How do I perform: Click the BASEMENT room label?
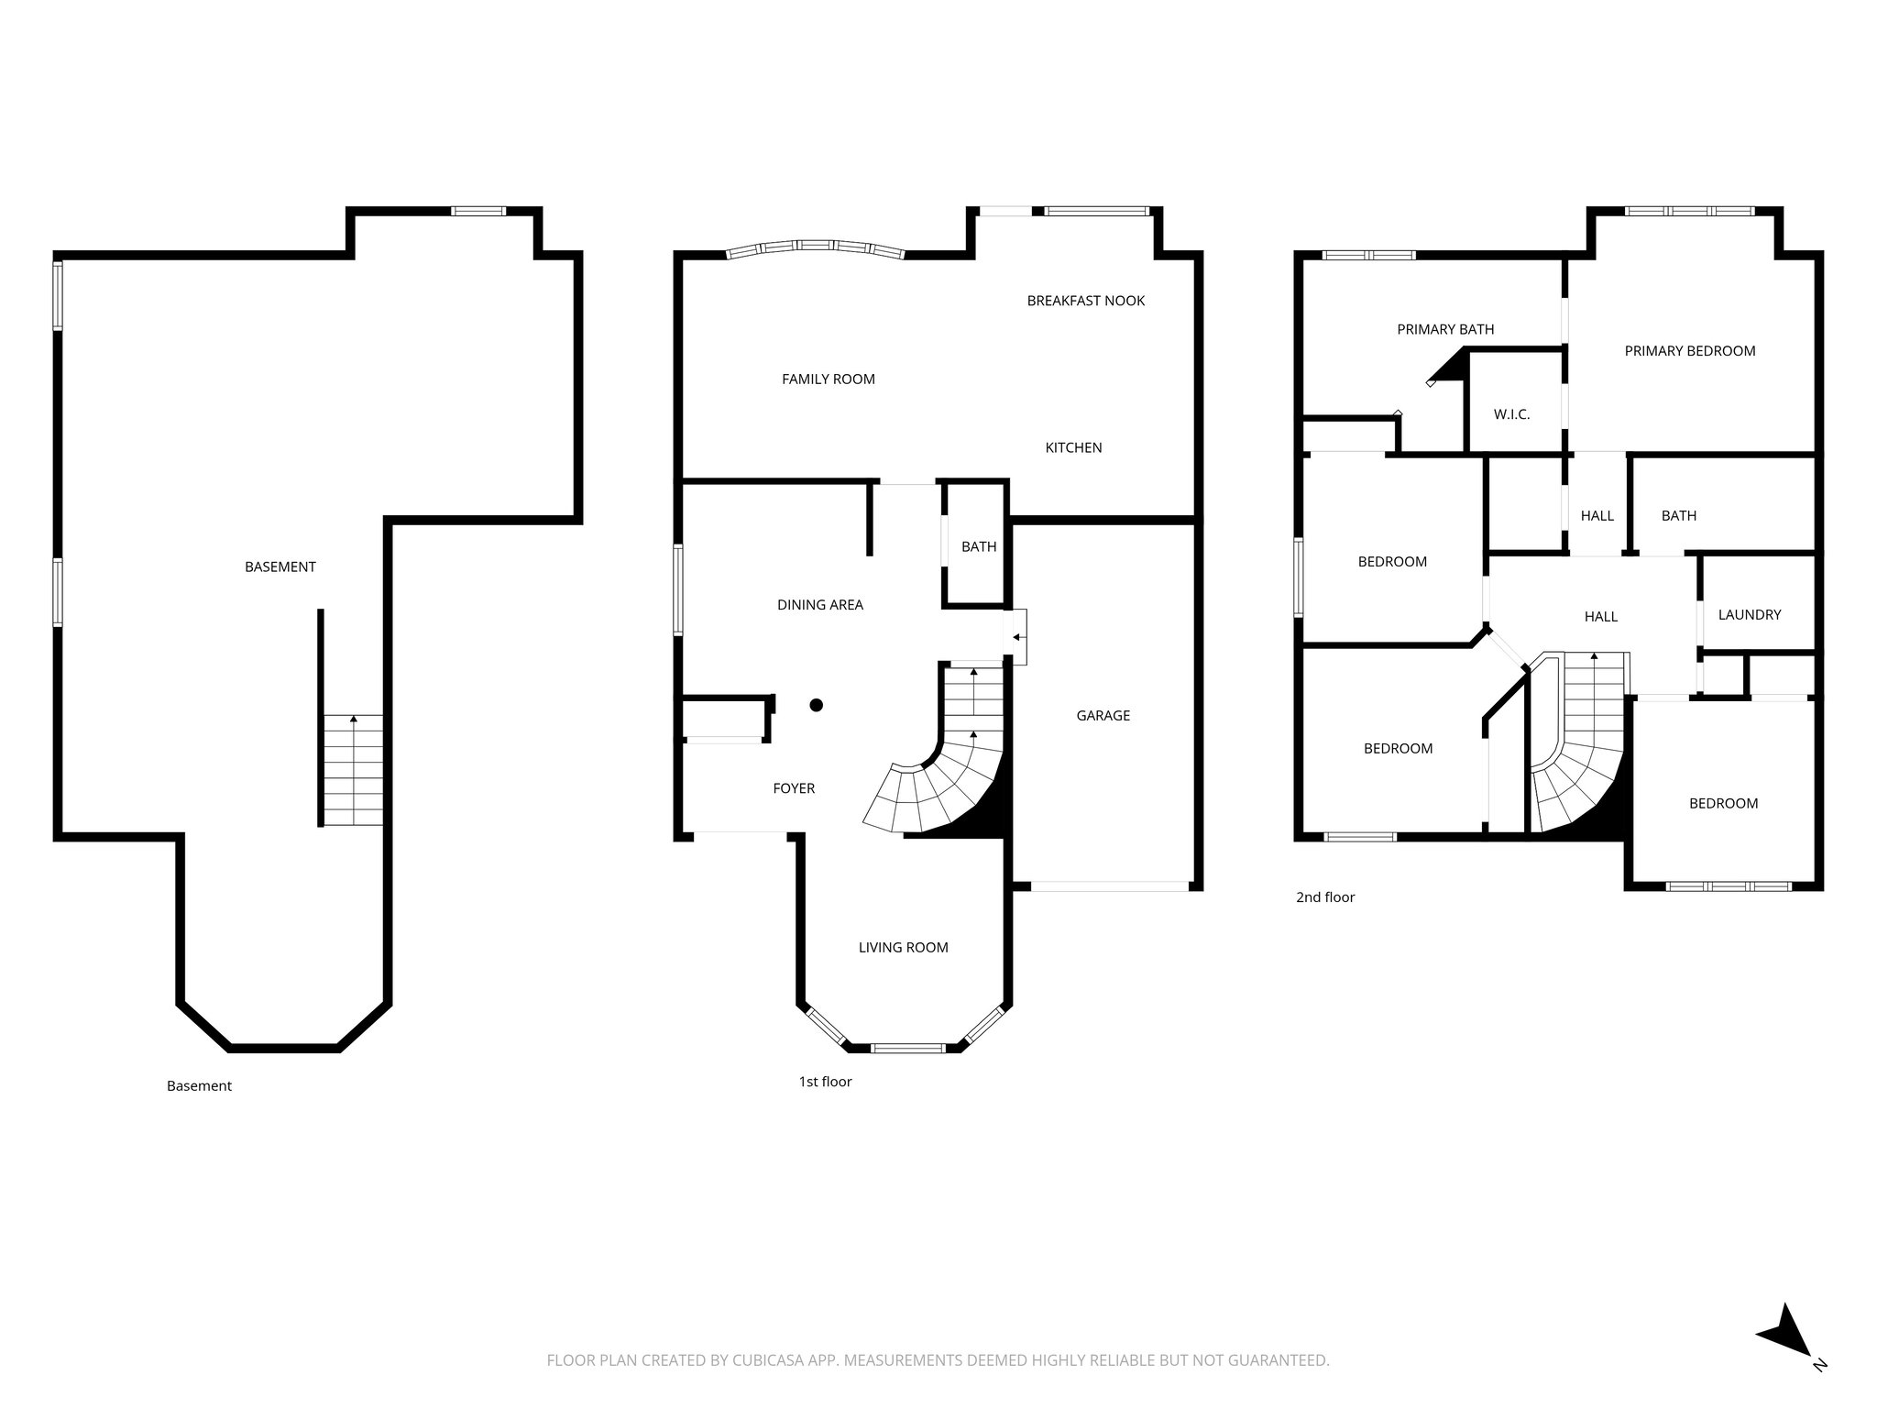280,566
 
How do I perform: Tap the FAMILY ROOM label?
828,379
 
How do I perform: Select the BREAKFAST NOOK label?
1085,301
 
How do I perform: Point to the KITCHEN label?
1073,447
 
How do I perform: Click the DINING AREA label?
819,604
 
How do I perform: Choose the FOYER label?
793,787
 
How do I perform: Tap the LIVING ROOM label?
903,947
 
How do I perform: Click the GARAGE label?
1103,715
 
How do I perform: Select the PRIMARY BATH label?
1444,329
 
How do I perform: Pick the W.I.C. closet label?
1511,414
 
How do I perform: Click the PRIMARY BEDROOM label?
1689,350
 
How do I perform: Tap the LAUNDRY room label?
1749,614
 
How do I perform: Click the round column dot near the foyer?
816,705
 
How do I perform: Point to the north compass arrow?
1784,1358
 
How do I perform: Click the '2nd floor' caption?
1324,897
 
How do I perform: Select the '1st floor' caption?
825,1082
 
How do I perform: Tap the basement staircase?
353,770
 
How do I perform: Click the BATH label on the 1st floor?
978,546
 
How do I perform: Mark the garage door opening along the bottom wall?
1109,886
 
